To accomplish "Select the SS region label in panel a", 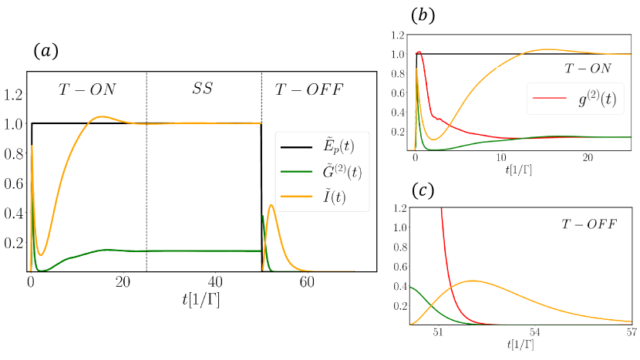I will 204,89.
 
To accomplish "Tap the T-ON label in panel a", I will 87,89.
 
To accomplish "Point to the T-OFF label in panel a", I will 309,89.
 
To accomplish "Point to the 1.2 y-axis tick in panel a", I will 14,95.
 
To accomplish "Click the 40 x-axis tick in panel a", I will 215,282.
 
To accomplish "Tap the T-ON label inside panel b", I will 588,68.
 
